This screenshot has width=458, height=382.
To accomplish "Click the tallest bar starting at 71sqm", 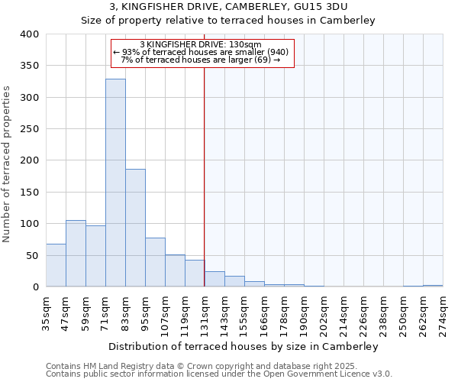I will tap(115, 183).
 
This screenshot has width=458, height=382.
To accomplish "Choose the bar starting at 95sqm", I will tap(155, 262).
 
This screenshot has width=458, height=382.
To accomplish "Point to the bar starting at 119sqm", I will tap(195, 274).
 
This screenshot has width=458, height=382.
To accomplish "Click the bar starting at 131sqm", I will tap(214, 279).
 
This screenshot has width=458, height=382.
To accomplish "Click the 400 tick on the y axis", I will tap(29, 34).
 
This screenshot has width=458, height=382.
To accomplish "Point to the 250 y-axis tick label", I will tap(29, 129).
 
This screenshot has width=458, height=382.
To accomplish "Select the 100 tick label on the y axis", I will tap(29, 224).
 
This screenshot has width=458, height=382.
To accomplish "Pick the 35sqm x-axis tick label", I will tap(47, 311).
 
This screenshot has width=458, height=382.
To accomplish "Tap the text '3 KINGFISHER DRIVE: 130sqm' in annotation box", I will tap(201, 44).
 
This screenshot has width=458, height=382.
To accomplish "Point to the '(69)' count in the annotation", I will tap(262, 60).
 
